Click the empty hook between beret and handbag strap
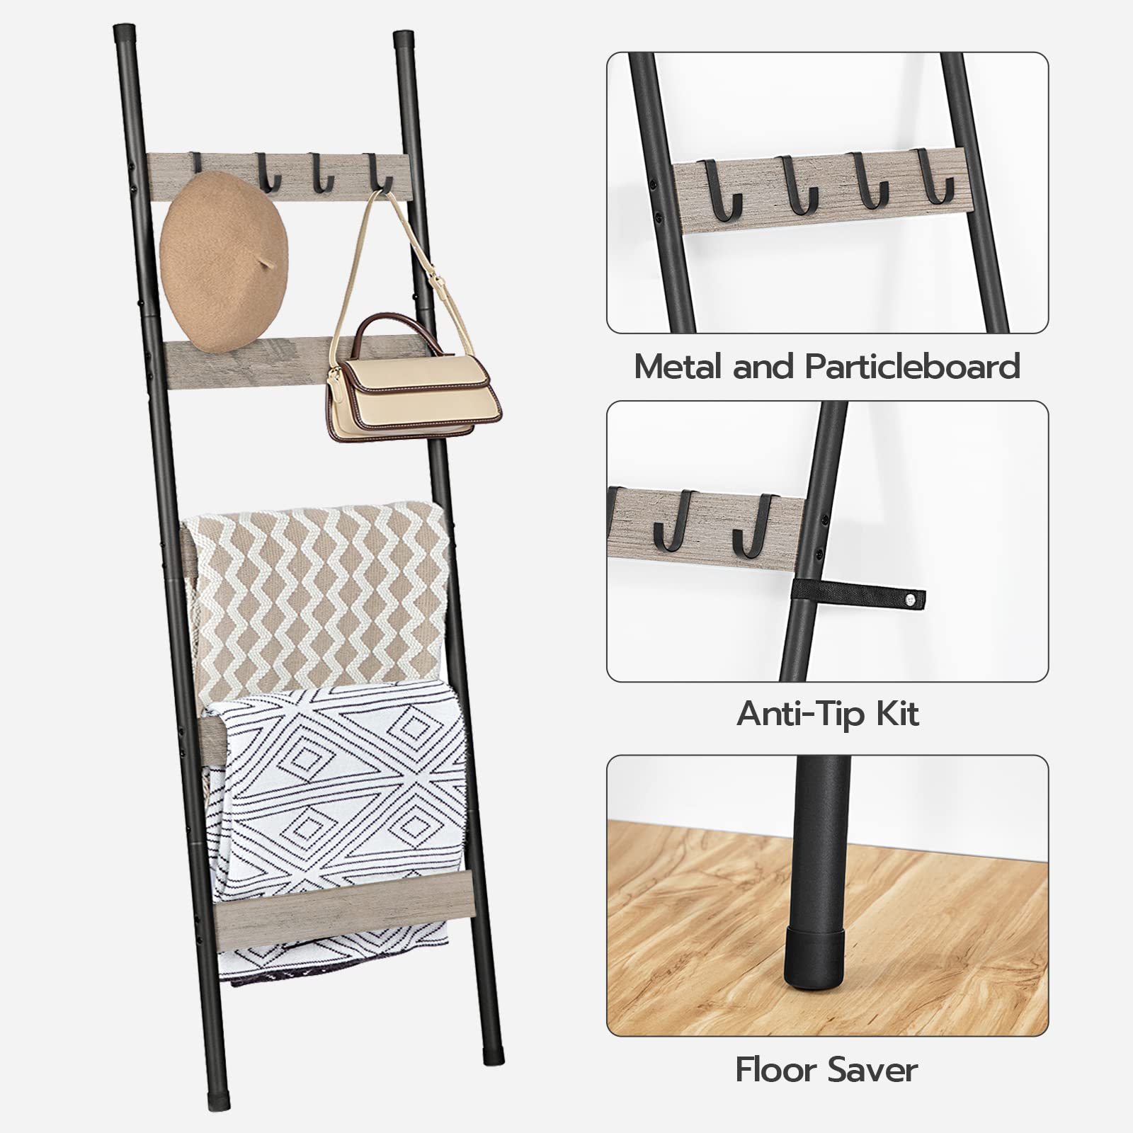[x=323, y=174]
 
